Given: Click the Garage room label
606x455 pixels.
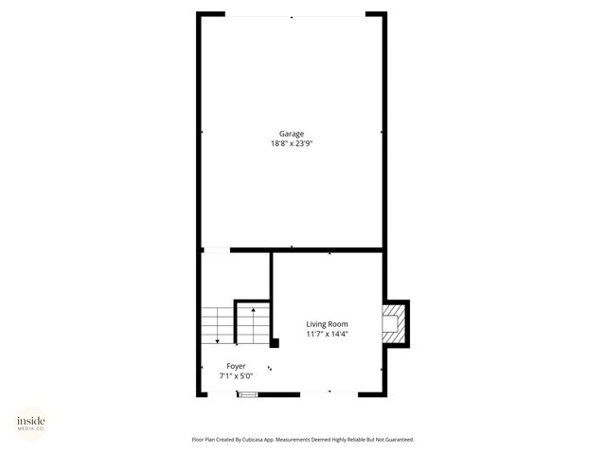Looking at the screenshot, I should [x=291, y=134].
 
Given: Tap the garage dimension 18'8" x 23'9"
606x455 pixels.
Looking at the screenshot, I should [x=291, y=144].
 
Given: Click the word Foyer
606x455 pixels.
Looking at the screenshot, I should [x=236, y=366].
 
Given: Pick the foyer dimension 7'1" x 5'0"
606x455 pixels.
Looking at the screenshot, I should [x=236, y=376].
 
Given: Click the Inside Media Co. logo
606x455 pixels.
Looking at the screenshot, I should [x=30, y=423].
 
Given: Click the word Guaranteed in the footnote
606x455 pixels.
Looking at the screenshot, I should [x=396, y=439].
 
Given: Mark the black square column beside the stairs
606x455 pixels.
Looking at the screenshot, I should [x=275, y=342].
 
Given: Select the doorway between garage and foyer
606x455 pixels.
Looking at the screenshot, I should [x=216, y=250].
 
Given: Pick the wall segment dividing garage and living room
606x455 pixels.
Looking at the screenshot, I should [x=327, y=250].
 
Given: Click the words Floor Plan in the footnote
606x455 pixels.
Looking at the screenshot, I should [x=205, y=439].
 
